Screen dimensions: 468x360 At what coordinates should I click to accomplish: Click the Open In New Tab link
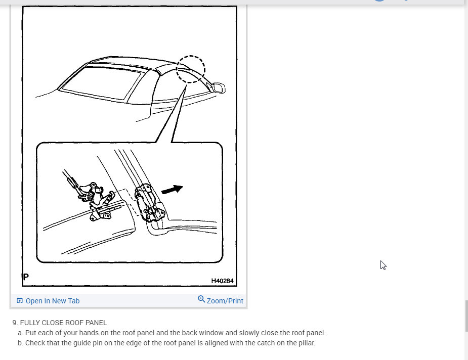pos(53,301)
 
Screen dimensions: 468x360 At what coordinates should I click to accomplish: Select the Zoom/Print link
pos(225,301)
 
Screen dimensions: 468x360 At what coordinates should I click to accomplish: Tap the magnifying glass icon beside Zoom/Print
pos(201,299)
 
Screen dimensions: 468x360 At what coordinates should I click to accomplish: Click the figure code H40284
pos(222,281)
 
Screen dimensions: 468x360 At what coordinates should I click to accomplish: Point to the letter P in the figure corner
pos(26,277)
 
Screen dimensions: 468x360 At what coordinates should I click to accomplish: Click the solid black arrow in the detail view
pos(172,190)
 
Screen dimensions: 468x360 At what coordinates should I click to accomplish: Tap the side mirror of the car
pos(219,88)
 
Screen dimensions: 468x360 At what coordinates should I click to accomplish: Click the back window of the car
pos(102,83)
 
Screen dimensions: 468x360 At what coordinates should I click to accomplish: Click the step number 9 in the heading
pos(15,323)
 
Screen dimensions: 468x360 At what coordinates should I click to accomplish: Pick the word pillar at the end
pos(307,343)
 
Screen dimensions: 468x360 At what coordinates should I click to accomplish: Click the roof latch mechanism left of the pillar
pos(96,200)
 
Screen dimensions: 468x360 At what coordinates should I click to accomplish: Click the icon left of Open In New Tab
pos(20,300)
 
